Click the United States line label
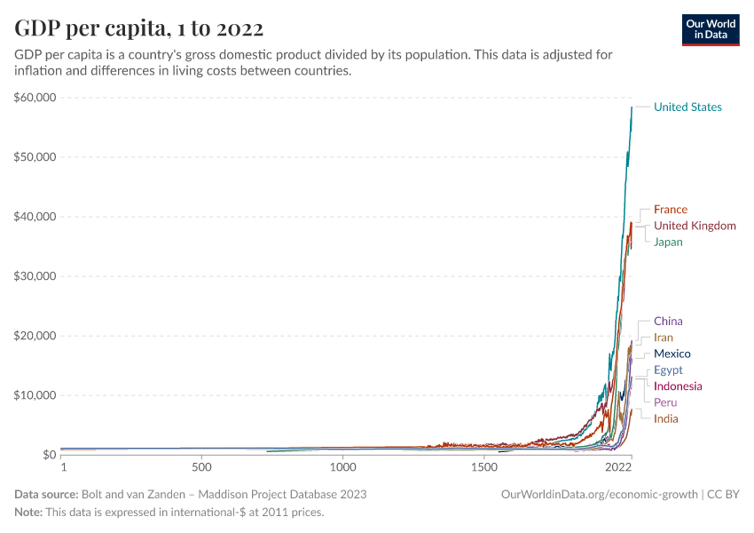coord(687,107)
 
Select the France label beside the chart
coord(670,210)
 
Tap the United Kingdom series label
coord(695,226)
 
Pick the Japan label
coord(668,242)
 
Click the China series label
coord(668,322)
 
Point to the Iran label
coord(664,338)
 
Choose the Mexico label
coord(672,354)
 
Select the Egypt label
coord(668,370)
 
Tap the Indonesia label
coord(678,386)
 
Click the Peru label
coord(665,402)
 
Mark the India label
coord(665,418)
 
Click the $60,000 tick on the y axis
coord(35,98)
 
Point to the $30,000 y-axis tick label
coord(35,276)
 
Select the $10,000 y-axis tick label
coord(35,395)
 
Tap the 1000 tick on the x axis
coord(343,466)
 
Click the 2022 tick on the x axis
coord(618,466)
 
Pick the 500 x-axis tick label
coord(201,466)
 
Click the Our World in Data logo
coord(710,29)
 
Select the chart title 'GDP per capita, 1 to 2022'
coord(139,28)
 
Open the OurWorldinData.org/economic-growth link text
coord(601,494)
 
